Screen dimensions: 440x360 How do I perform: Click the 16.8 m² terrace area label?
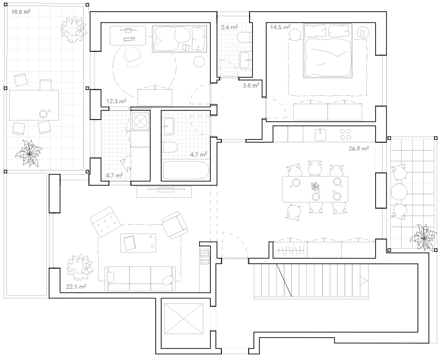21,12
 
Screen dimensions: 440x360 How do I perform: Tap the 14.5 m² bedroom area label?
280,27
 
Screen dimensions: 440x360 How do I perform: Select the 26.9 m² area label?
358,149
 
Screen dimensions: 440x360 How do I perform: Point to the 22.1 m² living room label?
76,287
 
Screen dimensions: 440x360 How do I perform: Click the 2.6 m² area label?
229,27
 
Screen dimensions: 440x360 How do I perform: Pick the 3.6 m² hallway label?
251,85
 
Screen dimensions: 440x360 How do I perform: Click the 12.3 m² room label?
116,101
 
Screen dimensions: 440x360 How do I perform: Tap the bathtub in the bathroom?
186,170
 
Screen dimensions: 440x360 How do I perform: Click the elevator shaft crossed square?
184,319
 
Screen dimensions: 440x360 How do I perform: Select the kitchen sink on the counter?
320,134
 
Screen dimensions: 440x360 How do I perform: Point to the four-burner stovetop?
346,134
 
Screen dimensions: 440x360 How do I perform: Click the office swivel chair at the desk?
132,57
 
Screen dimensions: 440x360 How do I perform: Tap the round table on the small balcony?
399,192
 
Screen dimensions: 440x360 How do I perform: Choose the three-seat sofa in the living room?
140,279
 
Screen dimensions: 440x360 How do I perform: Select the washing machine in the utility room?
140,121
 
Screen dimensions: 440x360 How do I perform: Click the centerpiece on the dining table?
315,186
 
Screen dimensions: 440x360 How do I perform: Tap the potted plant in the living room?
79,267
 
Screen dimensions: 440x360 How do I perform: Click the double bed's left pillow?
315,31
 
